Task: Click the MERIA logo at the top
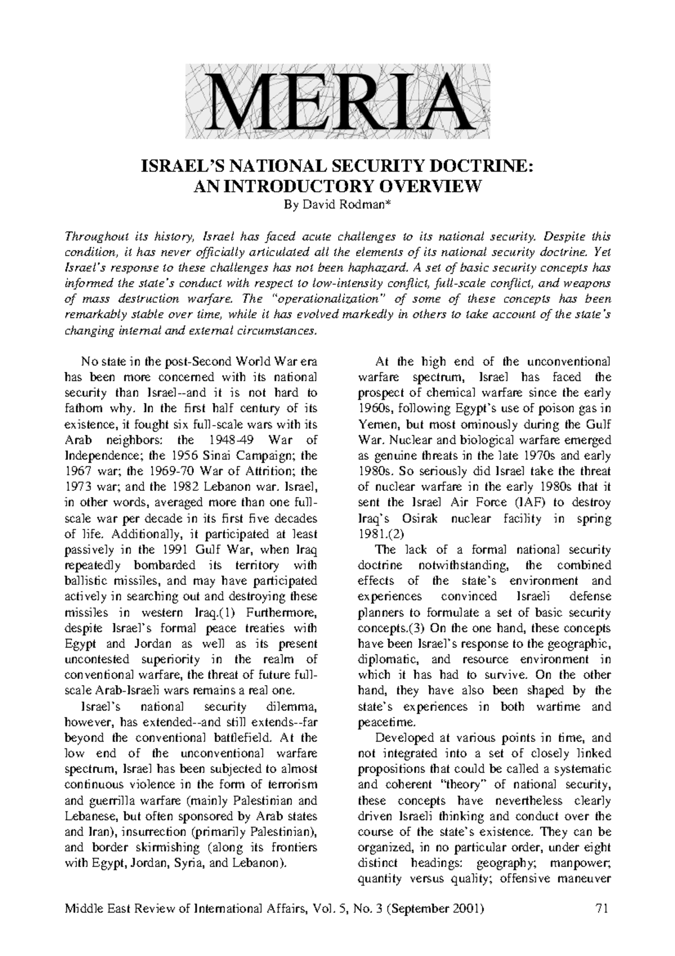pyautogui.click(x=337, y=101)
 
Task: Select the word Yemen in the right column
pyautogui.click(x=376, y=424)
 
